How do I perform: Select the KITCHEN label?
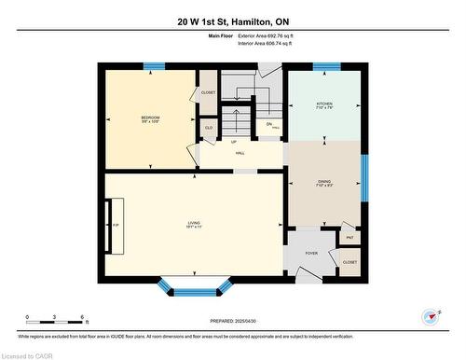coord(323,104)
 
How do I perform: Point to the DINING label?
coord(322,182)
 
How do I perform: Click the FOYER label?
coord(310,252)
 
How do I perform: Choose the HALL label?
coord(240,153)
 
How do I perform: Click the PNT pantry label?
coord(349,238)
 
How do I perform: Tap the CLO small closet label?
coord(209,128)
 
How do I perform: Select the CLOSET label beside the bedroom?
coord(208,92)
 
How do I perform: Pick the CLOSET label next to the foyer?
coord(349,263)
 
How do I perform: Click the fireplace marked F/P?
coord(116,226)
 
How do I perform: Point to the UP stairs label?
coord(232,142)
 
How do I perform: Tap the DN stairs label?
coord(269,125)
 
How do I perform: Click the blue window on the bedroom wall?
coord(154,66)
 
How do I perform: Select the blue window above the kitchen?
coord(325,66)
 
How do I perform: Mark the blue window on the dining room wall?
coord(364,178)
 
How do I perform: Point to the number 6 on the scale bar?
coord(83,317)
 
